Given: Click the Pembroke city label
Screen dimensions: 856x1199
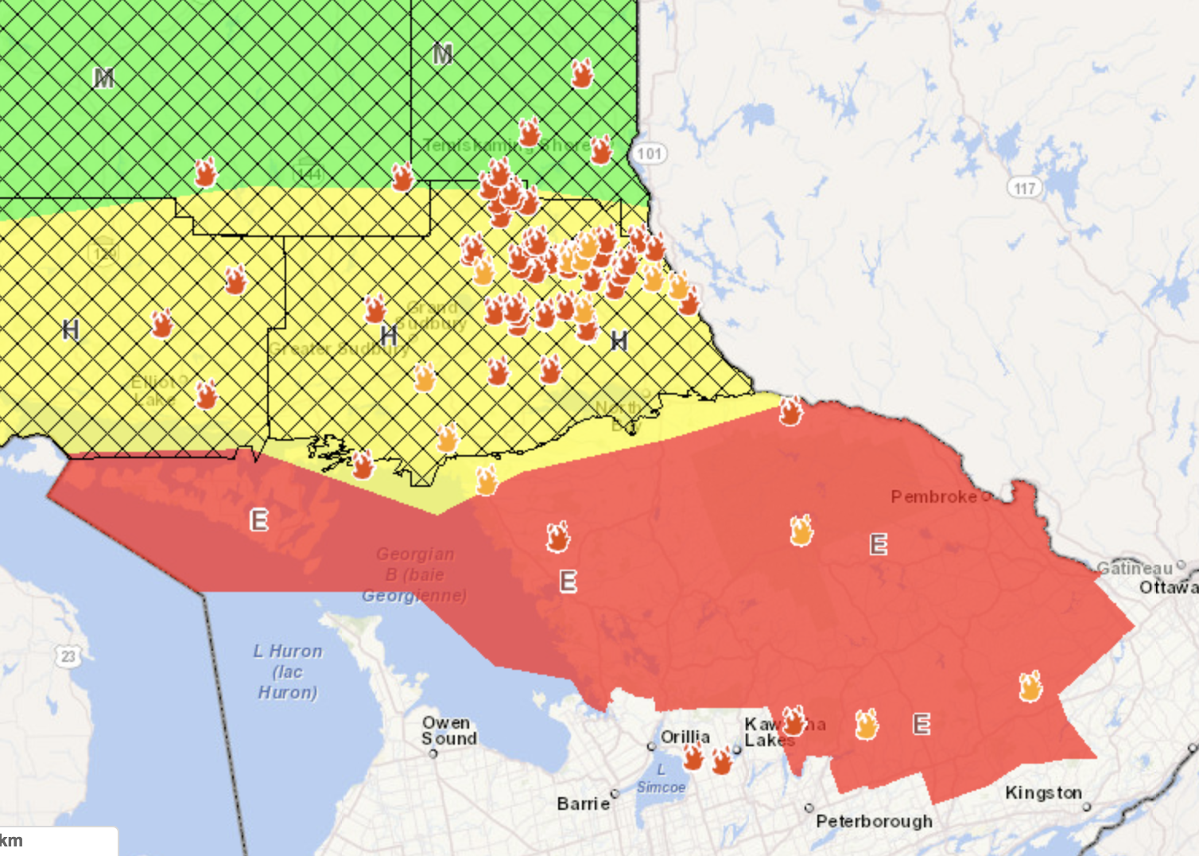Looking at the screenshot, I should coord(933,497).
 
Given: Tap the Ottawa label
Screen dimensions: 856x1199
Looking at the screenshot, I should coord(1167,587).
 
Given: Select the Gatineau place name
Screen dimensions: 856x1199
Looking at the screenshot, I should coord(1135,568).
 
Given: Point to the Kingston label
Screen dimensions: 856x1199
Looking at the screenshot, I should coord(1043,793).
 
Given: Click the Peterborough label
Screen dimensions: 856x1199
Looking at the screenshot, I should coord(874,821).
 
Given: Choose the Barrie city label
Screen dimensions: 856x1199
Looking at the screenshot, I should coord(583,803).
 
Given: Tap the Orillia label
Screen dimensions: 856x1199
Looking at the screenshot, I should coord(685,737).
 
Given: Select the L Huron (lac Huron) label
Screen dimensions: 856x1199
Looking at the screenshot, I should coord(288,671).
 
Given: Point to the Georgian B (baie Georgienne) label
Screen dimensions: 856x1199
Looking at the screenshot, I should coord(414,574).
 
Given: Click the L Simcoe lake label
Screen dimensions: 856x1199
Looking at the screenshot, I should coord(661,779).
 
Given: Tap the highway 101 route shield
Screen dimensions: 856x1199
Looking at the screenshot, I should coord(650,154).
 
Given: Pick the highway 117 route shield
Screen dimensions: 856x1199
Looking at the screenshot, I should coord(1025,189).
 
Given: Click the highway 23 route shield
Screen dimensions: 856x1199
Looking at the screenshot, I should coord(68,656).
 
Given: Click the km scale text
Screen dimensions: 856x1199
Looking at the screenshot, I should coord(11,841).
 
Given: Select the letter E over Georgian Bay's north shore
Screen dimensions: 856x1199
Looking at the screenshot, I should coord(259,520).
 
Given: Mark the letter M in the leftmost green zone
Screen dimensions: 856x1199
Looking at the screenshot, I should coord(103,78).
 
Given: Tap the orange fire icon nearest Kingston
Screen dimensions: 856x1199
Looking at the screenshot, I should coord(1030,687).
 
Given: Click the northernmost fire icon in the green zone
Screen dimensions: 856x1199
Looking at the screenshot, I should coord(582,74).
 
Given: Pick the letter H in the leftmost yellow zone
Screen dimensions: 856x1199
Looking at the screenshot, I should coord(71,329).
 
